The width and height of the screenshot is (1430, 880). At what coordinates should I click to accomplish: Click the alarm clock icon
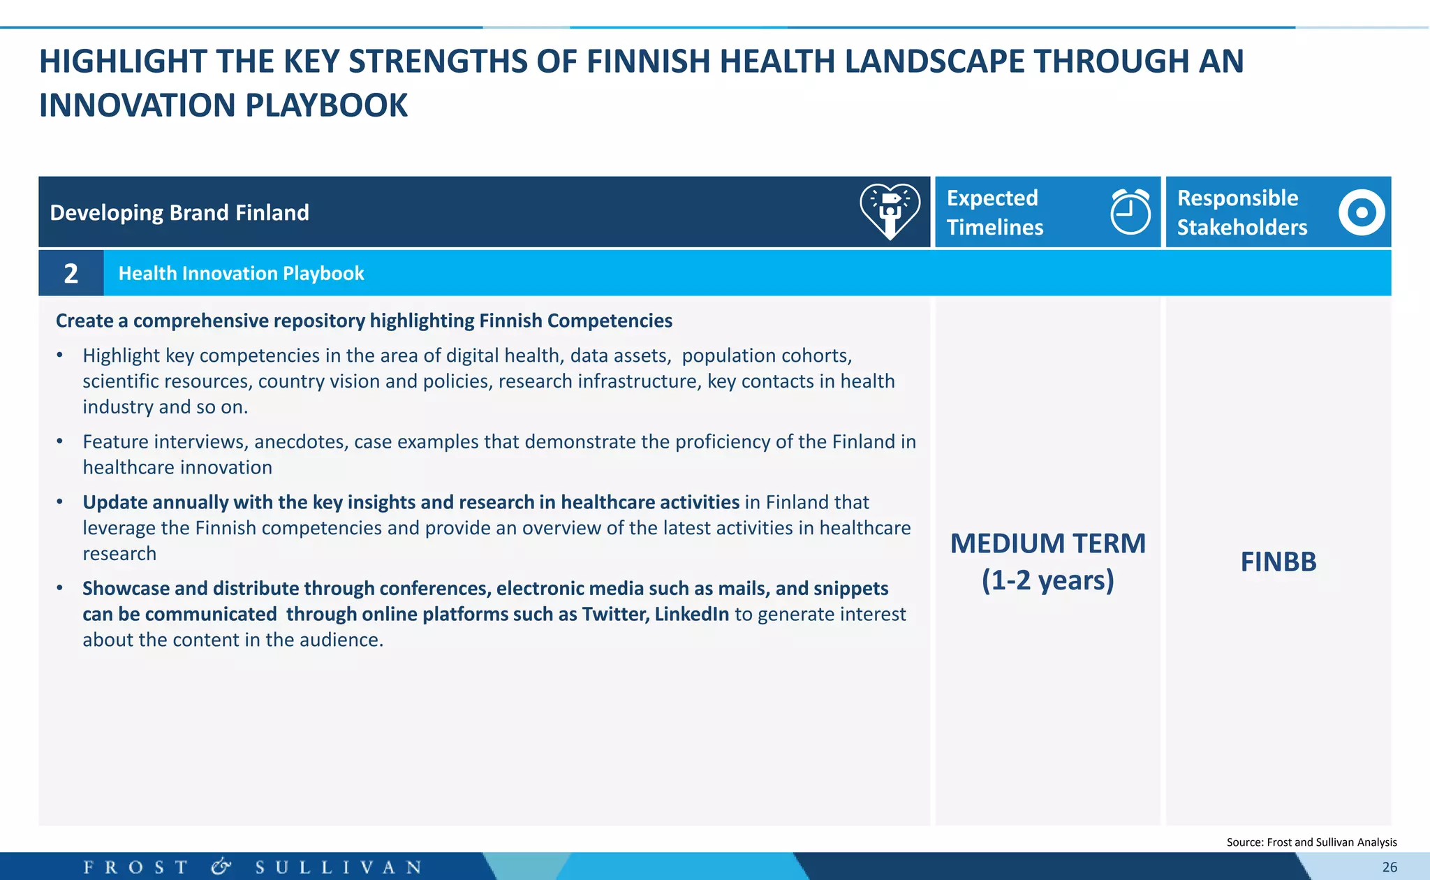(1130, 212)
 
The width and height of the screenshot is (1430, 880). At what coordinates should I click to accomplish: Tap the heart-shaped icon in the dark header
(890, 211)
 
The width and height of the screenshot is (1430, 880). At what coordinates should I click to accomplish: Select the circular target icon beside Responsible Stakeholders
(1361, 212)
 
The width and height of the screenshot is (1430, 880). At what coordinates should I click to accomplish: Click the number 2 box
(71, 273)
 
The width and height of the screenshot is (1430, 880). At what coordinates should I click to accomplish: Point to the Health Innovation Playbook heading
(241, 273)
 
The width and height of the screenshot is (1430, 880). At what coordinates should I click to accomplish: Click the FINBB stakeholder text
(1278, 562)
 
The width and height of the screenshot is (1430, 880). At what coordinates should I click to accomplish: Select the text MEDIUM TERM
(1047, 543)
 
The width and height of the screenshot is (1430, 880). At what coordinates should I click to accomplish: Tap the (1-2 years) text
(1047, 580)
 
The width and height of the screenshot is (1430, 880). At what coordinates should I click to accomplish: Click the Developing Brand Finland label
(179, 212)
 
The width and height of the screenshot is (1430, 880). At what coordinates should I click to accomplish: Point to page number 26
(1390, 867)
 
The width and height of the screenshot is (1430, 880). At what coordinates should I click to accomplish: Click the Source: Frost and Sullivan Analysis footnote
(1311, 842)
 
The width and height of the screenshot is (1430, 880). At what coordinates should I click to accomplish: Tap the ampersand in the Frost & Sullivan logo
(221, 867)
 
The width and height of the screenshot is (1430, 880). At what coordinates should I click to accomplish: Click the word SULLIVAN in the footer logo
(339, 867)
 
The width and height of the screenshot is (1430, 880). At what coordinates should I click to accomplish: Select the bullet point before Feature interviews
(60, 441)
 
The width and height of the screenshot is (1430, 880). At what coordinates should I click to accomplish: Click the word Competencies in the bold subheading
(610, 321)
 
